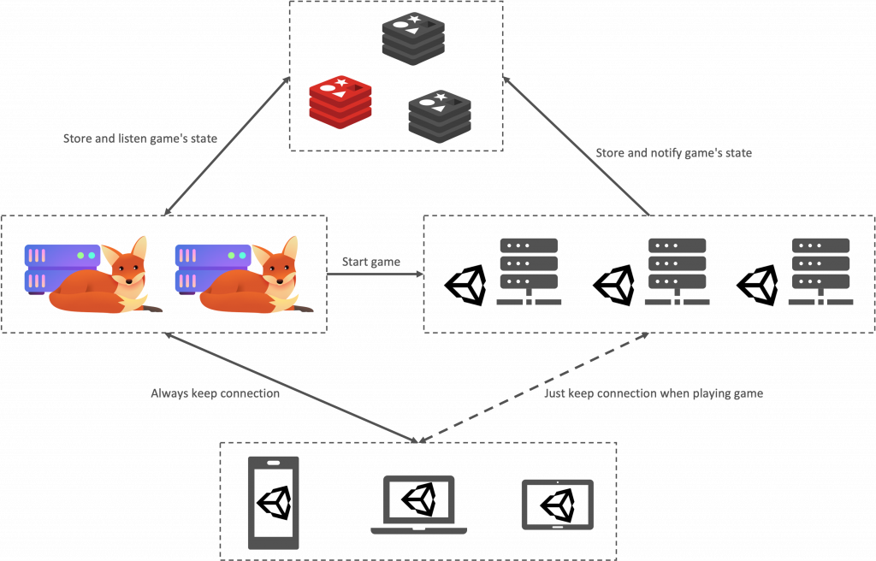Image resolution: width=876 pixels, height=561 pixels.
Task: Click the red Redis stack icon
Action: click(x=340, y=103)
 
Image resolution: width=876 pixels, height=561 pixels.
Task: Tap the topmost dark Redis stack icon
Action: click(x=413, y=38)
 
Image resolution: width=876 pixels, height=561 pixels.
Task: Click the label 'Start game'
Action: click(x=371, y=262)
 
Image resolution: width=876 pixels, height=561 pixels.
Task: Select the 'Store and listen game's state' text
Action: click(x=140, y=139)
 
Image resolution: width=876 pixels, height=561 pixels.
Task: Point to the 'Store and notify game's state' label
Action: click(x=674, y=153)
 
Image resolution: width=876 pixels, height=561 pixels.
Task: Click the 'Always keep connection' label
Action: click(x=215, y=393)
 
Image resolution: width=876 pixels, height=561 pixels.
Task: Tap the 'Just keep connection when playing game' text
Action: click(x=654, y=393)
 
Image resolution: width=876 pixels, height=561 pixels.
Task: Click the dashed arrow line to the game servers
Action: click(x=534, y=387)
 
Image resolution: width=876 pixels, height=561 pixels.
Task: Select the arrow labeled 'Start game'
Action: click(x=376, y=275)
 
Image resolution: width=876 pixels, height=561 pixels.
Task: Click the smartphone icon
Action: click(x=273, y=503)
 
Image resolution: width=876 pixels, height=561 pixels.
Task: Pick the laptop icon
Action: click(x=419, y=505)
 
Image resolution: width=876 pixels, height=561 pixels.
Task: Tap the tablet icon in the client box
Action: click(x=558, y=504)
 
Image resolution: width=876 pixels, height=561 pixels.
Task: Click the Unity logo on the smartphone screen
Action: click(x=274, y=502)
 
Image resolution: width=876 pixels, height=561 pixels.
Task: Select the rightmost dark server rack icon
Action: click(x=820, y=272)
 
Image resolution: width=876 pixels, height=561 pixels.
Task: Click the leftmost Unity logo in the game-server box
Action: click(x=465, y=285)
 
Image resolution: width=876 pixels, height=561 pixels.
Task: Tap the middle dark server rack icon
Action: click(x=678, y=272)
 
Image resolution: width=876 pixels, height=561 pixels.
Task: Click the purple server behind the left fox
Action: click(x=62, y=269)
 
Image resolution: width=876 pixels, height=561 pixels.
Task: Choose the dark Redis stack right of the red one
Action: click(x=440, y=116)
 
